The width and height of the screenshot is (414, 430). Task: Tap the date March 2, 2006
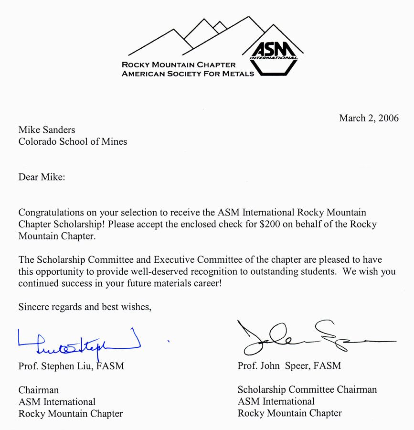(369, 118)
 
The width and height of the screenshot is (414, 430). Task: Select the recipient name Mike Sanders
(47, 129)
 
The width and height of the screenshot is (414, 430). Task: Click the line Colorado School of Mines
(73, 141)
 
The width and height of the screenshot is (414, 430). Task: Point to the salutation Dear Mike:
(42, 177)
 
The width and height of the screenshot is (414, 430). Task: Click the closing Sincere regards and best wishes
(85, 307)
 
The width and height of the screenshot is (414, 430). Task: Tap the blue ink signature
(79, 341)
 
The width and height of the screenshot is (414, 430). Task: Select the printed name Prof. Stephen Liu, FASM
(71, 366)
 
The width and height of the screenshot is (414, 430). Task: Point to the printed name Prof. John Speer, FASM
(289, 366)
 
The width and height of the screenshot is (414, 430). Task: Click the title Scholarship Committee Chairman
(307, 389)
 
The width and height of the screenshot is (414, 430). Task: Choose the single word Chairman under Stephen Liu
(39, 390)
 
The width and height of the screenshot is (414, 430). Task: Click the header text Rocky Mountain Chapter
(179, 64)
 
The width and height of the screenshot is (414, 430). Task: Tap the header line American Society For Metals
(188, 74)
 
